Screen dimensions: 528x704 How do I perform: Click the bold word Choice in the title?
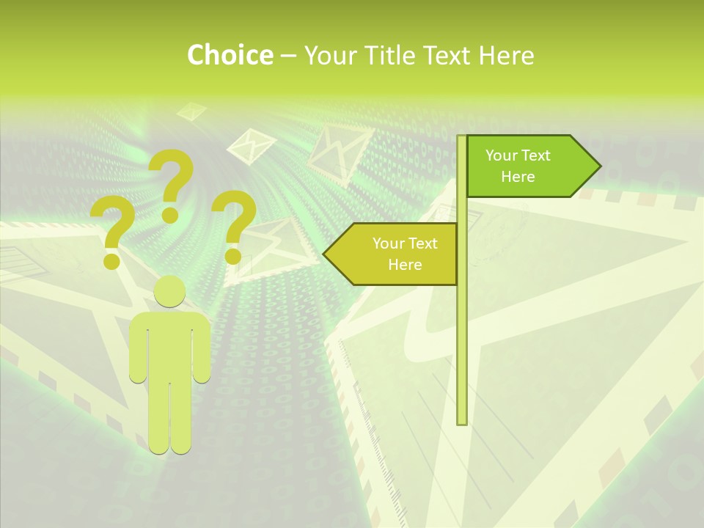tap(230, 55)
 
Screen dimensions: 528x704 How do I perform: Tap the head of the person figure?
tap(170, 291)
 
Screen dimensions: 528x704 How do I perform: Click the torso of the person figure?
tap(170, 345)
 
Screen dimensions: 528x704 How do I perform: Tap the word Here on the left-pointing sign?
tap(405, 265)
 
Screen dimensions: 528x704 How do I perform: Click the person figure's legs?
tap(170, 418)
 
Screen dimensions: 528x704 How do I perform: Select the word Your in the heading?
tap(327, 55)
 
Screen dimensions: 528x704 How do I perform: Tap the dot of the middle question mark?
tap(170, 214)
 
